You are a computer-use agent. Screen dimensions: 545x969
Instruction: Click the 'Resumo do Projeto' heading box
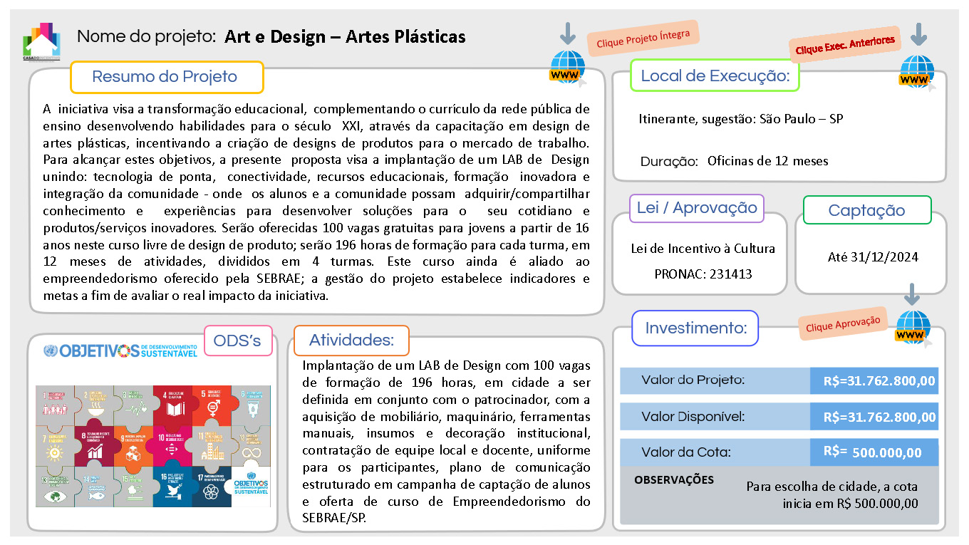pos(166,77)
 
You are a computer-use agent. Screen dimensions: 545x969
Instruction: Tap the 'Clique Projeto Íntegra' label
pos(643,38)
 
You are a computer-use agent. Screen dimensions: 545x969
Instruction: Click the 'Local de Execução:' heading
pos(715,76)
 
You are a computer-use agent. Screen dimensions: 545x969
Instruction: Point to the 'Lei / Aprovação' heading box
pos(697,208)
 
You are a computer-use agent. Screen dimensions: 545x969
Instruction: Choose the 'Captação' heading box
pos(866,210)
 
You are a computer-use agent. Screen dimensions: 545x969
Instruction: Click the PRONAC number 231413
pos(703,274)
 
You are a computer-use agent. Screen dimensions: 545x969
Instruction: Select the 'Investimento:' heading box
pos(695,328)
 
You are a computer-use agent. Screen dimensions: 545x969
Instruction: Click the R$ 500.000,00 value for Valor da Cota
pos(886,452)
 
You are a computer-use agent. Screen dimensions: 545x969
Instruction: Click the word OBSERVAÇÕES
pos(673,479)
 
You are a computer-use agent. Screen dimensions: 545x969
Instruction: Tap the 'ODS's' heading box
pos(238,341)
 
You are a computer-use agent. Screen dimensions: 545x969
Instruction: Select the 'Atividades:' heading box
pos(351,341)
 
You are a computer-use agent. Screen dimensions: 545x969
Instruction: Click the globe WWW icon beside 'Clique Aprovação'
pos(913,328)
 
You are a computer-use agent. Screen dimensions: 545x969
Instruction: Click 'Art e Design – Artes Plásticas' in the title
pos(345,36)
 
